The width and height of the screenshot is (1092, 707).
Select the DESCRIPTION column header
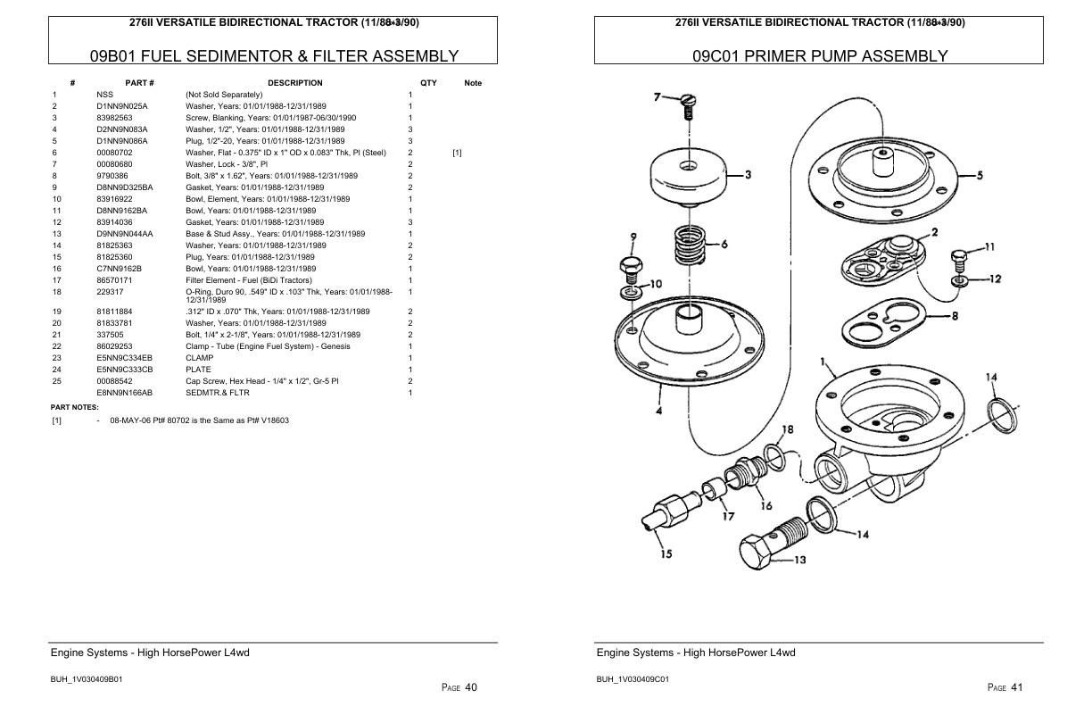294,83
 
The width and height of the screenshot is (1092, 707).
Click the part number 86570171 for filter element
114,280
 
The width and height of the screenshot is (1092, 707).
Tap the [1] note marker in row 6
457,153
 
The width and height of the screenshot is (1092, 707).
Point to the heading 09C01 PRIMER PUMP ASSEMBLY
819,56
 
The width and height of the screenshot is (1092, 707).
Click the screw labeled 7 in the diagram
687,105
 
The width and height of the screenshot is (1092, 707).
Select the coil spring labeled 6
690,245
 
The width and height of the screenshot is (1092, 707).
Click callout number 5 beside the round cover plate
980,176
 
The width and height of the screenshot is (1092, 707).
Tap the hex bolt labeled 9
629,268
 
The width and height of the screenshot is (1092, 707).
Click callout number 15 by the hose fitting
666,554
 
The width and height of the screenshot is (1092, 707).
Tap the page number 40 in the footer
471,687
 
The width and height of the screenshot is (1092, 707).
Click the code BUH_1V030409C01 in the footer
633,679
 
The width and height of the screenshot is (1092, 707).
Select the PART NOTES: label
74,407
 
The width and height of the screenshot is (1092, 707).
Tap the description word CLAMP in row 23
199,358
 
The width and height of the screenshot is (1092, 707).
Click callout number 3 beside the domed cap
748,175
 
